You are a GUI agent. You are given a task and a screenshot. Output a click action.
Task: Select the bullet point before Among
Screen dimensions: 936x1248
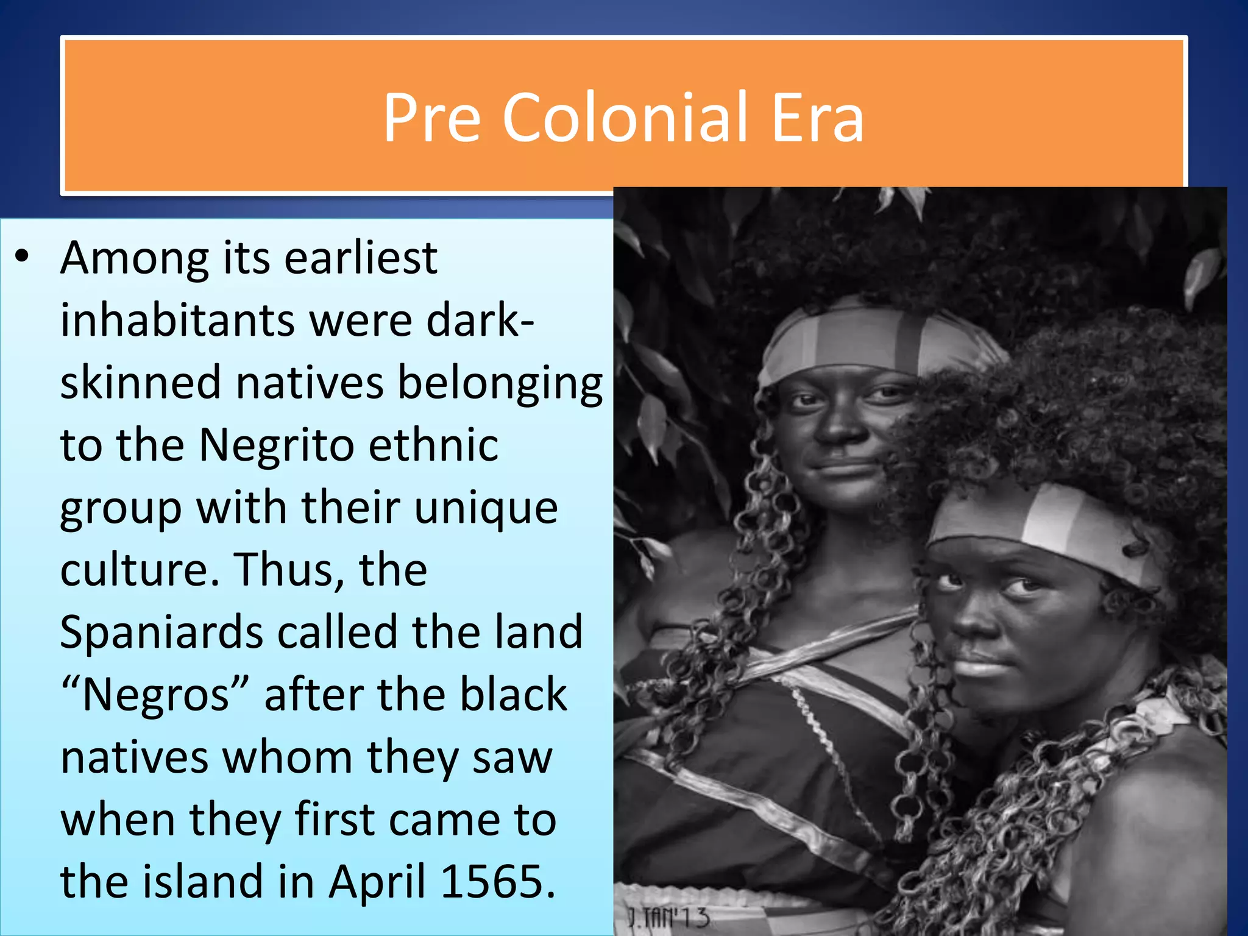[x=23, y=257]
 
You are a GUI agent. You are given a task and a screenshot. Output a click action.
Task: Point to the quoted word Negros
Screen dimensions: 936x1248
[x=155, y=695]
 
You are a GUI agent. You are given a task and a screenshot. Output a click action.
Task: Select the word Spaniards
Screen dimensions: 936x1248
[x=161, y=632]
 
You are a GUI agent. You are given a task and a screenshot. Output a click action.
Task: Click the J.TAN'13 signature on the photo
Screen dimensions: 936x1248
[x=668, y=917]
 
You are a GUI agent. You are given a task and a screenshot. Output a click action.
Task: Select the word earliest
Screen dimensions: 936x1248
[x=361, y=257]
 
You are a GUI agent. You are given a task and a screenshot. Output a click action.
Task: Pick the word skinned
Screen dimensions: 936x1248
[x=140, y=383]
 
